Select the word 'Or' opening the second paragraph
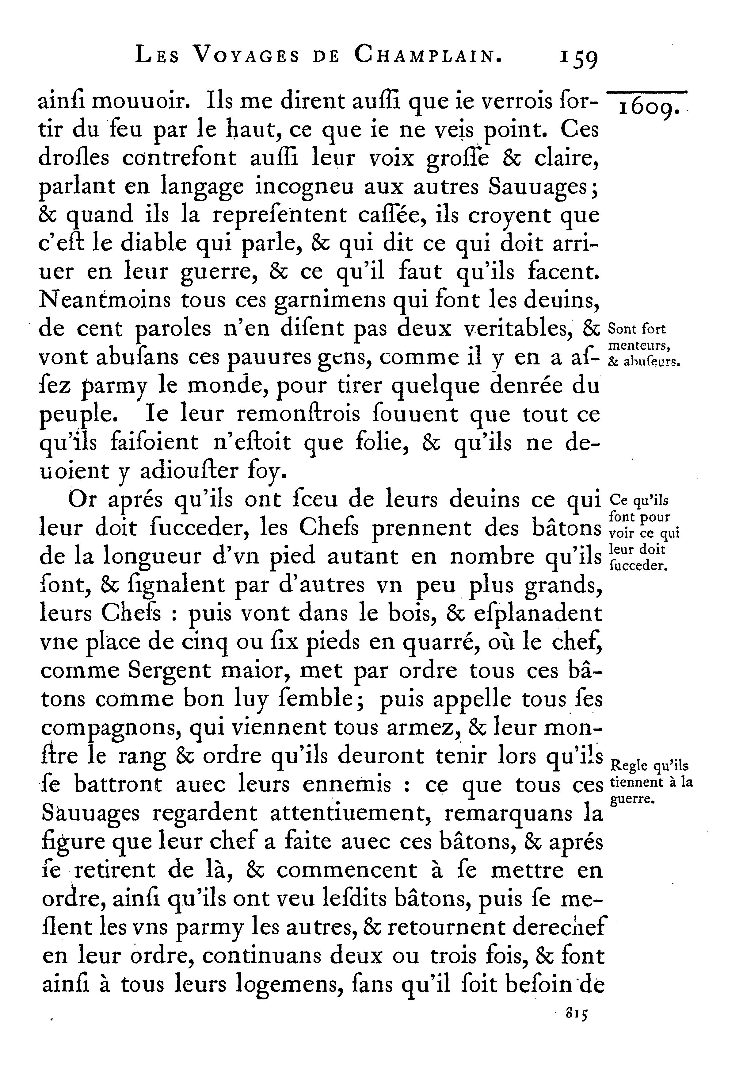click(x=82, y=500)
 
